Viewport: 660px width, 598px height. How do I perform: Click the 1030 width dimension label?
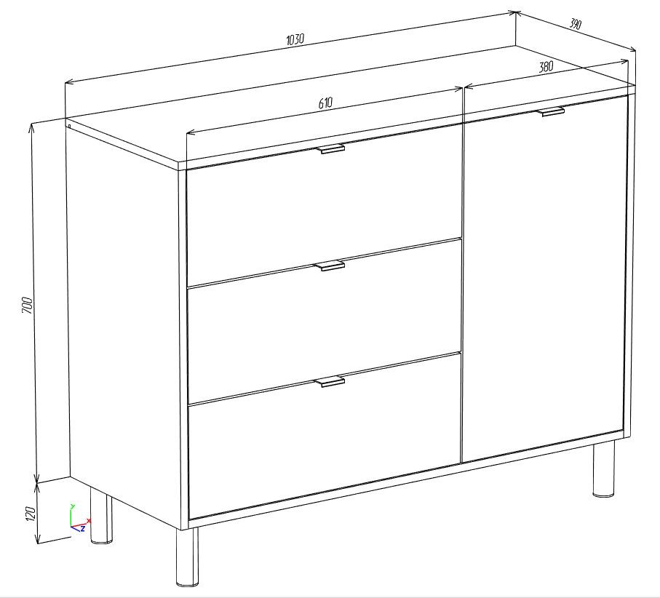(295, 39)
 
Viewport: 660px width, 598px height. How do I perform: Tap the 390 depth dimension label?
(575, 24)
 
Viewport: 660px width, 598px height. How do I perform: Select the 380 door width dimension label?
(546, 66)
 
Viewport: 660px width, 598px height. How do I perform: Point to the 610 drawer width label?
(325, 103)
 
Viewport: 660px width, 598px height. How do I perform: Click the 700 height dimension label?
(26, 305)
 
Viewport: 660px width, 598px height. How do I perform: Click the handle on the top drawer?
(330, 148)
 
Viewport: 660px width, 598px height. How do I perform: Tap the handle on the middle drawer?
(330, 265)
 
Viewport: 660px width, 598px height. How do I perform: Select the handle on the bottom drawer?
(330, 381)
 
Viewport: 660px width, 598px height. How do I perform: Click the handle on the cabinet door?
(551, 111)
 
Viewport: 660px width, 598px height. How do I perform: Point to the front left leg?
(187, 557)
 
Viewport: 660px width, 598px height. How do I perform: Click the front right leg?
(603, 469)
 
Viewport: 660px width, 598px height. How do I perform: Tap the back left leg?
(101, 515)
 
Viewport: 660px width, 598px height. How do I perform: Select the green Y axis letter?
(72, 506)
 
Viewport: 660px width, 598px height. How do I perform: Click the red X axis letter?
(88, 521)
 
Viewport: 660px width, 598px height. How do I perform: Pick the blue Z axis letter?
(83, 528)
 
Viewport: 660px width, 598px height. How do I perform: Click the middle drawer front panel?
(325, 322)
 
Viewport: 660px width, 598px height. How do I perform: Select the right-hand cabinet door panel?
(544, 278)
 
